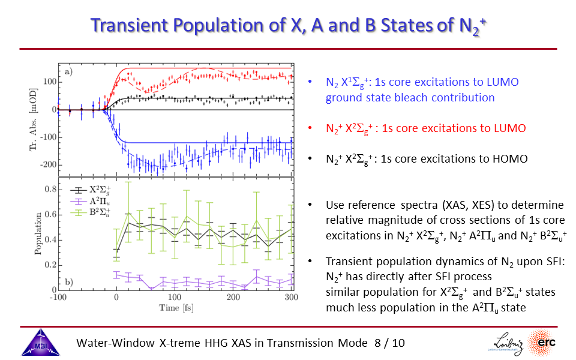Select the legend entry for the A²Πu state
(x=96, y=200)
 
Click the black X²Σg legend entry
(x=96, y=189)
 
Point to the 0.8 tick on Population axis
(x=51, y=190)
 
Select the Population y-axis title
(x=37, y=233)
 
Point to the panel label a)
(x=69, y=73)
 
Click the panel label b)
(x=69, y=282)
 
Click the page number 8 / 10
(x=389, y=343)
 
